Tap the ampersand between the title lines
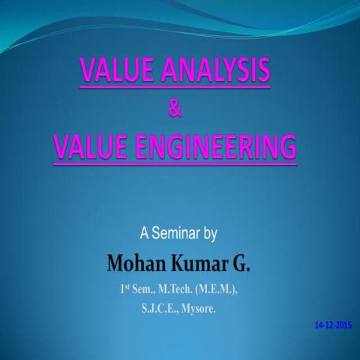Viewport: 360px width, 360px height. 175,109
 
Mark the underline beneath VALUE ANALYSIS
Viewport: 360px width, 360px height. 175,88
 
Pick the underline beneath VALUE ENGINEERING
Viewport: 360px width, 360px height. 175,160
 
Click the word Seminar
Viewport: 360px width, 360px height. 178,233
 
